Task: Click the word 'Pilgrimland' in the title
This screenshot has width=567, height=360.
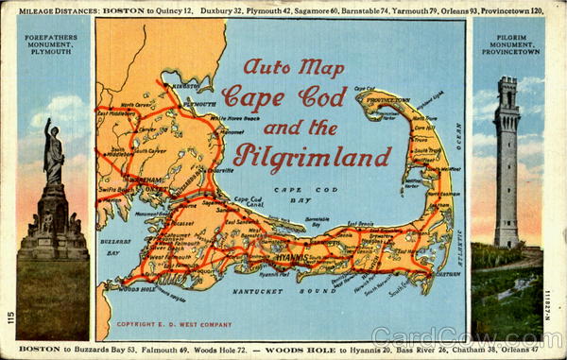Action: point(312,157)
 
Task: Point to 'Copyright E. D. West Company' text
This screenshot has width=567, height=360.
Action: point(174,324)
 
